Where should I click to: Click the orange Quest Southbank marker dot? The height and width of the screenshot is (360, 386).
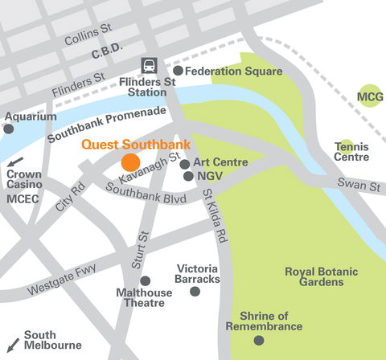coord(130,161)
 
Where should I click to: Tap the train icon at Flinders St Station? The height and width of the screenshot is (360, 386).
coord(150,66)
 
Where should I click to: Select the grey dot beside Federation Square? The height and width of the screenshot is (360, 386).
coord(179,71)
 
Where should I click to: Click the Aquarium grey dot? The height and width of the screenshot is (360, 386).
coord(9,129)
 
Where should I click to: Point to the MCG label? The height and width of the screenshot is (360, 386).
coord(370,96)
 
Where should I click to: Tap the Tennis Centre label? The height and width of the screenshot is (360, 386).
coord(351,151)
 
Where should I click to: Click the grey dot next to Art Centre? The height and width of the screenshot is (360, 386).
coord(185,164)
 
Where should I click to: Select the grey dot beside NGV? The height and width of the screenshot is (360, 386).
coord(188,176)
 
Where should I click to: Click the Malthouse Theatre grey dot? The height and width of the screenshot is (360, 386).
coord(145,280)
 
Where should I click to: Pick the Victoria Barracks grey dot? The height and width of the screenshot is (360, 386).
coord(195,291)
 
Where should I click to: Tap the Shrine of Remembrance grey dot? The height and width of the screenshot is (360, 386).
coord(258,340)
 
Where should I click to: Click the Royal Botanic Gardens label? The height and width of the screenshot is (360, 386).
coord(314,276)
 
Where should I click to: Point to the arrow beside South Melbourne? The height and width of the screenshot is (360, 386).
coord(12,343)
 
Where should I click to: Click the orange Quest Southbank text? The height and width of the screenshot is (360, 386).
coord(136,145)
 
